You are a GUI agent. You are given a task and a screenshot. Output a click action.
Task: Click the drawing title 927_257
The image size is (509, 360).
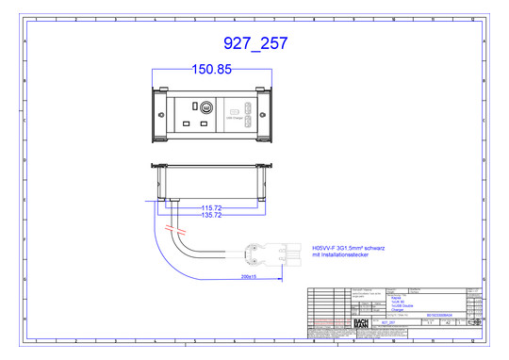point(254,43)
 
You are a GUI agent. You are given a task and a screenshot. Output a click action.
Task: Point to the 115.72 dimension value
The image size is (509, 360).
point(211,207)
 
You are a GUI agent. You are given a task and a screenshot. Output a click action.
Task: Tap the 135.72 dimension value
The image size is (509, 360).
point(211,216)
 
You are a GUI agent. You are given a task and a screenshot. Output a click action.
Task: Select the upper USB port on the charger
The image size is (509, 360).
point(249,109)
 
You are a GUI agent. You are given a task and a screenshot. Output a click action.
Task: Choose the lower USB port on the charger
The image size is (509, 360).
point(249,123)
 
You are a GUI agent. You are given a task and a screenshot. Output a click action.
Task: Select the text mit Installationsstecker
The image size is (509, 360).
point(338,254)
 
